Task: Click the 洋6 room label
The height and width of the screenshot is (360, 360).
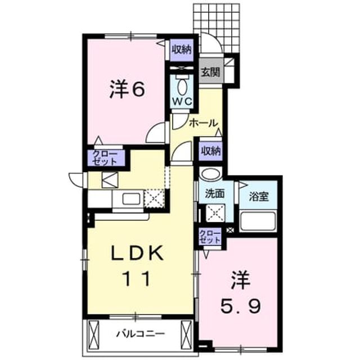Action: (127, 89)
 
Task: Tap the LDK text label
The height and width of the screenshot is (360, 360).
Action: (137, 253)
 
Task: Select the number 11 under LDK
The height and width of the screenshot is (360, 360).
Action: (137, 278)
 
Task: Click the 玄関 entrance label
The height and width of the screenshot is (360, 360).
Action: (210, 72)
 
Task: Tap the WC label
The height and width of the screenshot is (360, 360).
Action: (182, 101)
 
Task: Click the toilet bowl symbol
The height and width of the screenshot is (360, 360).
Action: (182, 86)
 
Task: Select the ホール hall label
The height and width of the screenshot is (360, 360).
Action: (204, 123)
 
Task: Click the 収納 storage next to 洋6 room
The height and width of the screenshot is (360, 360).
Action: (182, 49)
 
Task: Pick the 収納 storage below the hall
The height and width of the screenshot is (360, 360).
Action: (211, 151)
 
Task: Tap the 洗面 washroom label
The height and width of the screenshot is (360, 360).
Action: (215, 194)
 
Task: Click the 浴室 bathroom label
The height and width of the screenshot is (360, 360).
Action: (259, 197)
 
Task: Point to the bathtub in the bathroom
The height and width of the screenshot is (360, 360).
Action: (258, 221)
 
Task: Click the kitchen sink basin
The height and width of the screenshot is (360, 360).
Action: (131, 199)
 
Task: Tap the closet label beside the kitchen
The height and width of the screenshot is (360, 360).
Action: (105, 158)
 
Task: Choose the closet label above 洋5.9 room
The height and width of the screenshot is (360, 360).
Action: (210, 237)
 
